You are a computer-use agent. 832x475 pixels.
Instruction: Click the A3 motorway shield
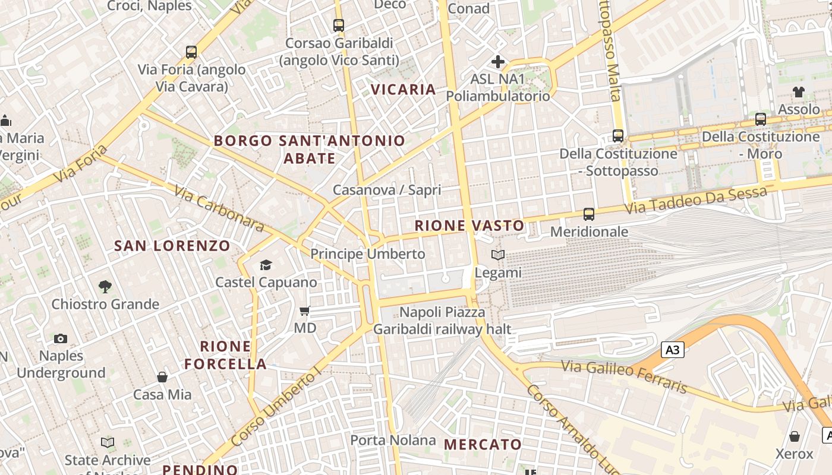(672, 350)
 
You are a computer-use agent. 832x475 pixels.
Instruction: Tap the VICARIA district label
(404, 90)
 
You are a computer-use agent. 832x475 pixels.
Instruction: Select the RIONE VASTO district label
(469, 226)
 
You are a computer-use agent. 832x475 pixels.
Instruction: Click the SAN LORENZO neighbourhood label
(172, 246)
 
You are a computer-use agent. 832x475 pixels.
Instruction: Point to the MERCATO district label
(483, 444)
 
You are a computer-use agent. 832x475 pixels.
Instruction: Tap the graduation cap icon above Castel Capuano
(266, 265)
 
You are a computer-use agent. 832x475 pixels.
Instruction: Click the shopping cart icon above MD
(305, 311)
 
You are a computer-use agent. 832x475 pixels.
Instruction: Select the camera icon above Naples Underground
(60, 338)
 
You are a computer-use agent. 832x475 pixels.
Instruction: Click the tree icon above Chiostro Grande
(105, 287)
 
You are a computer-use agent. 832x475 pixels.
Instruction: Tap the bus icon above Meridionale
(589, 214)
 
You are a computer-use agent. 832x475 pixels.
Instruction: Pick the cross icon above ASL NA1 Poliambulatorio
(498, 61)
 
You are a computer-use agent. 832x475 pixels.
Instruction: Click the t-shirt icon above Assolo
(798, 92)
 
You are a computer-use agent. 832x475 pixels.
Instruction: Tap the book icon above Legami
(498, 255)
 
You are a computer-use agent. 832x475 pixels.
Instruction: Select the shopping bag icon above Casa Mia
(162, 377)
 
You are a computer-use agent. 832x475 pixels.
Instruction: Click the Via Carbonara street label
(219, 208)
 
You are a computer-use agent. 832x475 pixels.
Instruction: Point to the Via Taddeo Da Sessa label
(696, 200)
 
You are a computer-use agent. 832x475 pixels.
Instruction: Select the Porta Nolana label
(393, 440)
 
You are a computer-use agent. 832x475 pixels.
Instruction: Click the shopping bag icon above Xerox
(795, 436)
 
